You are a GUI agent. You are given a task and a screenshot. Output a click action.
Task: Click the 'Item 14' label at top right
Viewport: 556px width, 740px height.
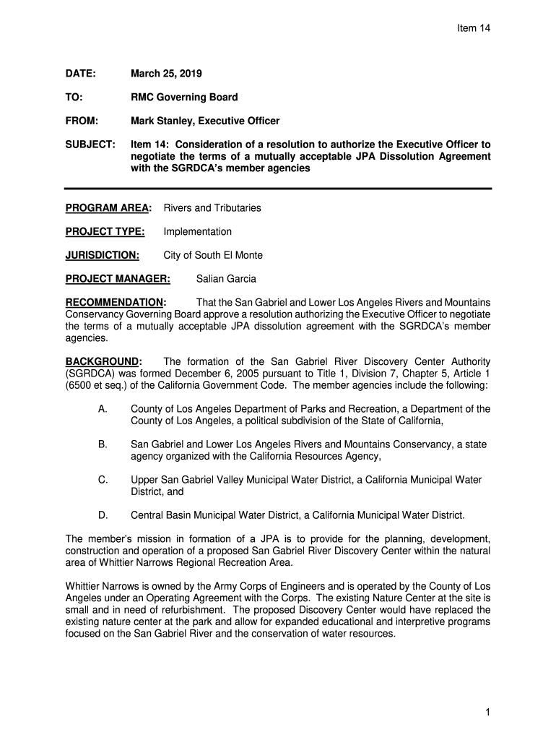474,28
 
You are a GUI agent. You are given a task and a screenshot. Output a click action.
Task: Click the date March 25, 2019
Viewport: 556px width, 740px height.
166,74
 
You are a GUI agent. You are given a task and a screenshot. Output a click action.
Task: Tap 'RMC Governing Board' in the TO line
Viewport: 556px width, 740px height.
184,97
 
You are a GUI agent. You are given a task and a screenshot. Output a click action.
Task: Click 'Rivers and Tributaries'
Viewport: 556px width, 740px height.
212,208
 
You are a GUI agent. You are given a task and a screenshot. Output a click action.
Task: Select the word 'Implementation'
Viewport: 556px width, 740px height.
198,232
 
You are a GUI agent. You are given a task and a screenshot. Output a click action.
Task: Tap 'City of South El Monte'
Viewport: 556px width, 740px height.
213,255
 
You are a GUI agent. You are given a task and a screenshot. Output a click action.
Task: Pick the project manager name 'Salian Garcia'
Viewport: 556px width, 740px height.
226,279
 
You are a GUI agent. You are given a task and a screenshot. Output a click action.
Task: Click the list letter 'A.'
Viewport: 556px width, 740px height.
103,409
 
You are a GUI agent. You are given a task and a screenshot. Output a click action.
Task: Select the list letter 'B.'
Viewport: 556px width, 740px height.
103,444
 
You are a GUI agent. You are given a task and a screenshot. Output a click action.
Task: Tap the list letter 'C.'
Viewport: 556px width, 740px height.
103,480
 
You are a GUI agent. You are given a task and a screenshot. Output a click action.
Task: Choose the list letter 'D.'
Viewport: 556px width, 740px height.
103,515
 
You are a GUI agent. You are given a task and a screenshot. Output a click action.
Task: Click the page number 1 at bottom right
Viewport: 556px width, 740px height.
488,713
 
